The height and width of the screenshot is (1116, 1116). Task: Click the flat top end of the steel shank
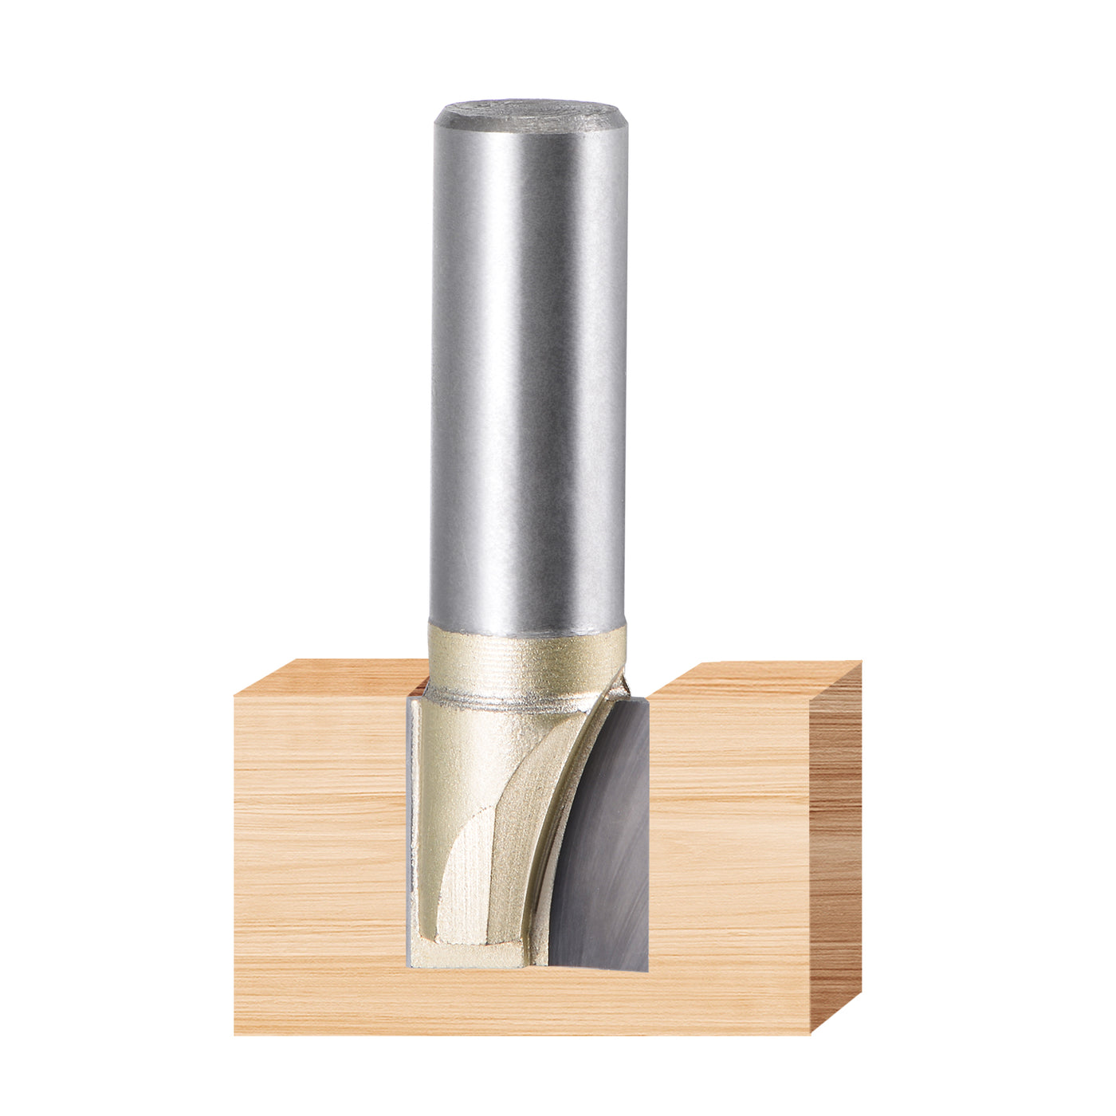(x=530, y=114)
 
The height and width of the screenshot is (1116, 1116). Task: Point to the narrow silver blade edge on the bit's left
(x=412, y=829)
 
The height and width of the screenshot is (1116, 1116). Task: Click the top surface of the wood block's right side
(x=757, y=678)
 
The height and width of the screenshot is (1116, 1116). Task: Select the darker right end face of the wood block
(x=835, y=845)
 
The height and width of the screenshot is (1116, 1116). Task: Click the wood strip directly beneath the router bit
(x=526, y=1000)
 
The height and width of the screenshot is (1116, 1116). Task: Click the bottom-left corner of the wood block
(x=236, y=1033)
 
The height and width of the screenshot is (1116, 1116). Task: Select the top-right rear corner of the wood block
(x=860, y=662)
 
